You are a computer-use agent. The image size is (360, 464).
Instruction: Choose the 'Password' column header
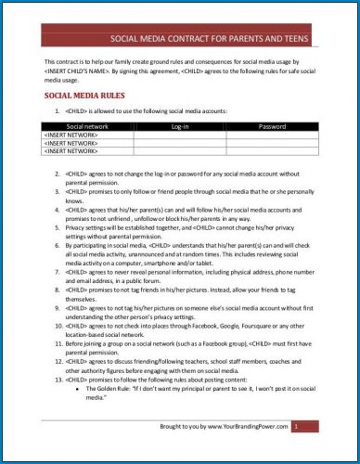pos(271,125)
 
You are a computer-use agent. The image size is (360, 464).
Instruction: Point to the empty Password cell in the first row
pos(271,133)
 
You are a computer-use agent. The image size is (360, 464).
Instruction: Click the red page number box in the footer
pos(295,426)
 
